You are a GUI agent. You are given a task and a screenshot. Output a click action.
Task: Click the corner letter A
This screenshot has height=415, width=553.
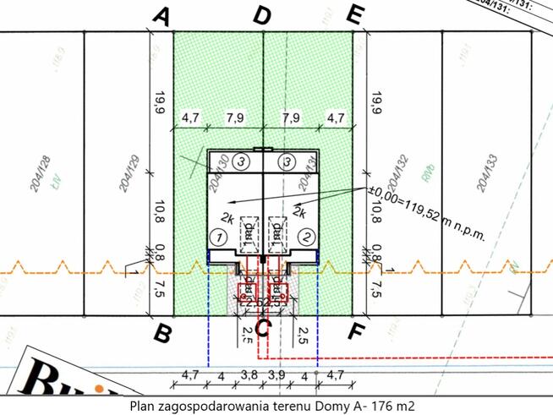click(x=163, y=16)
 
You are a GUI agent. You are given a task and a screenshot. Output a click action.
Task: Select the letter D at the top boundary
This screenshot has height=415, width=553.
click(x=263, y=16)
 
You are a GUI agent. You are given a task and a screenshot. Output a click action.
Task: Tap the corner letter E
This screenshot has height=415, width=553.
click(x=356, y=16)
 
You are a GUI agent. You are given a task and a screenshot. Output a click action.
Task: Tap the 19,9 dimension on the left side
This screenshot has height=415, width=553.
click(x=159, y=104)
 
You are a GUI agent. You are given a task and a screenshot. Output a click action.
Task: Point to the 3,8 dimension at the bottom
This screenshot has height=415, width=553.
click(x=250, y=374)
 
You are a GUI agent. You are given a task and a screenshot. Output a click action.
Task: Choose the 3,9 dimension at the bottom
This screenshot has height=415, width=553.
click(x=276, y=374)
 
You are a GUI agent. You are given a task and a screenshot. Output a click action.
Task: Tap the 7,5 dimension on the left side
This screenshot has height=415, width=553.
click(x=159, y=289)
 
